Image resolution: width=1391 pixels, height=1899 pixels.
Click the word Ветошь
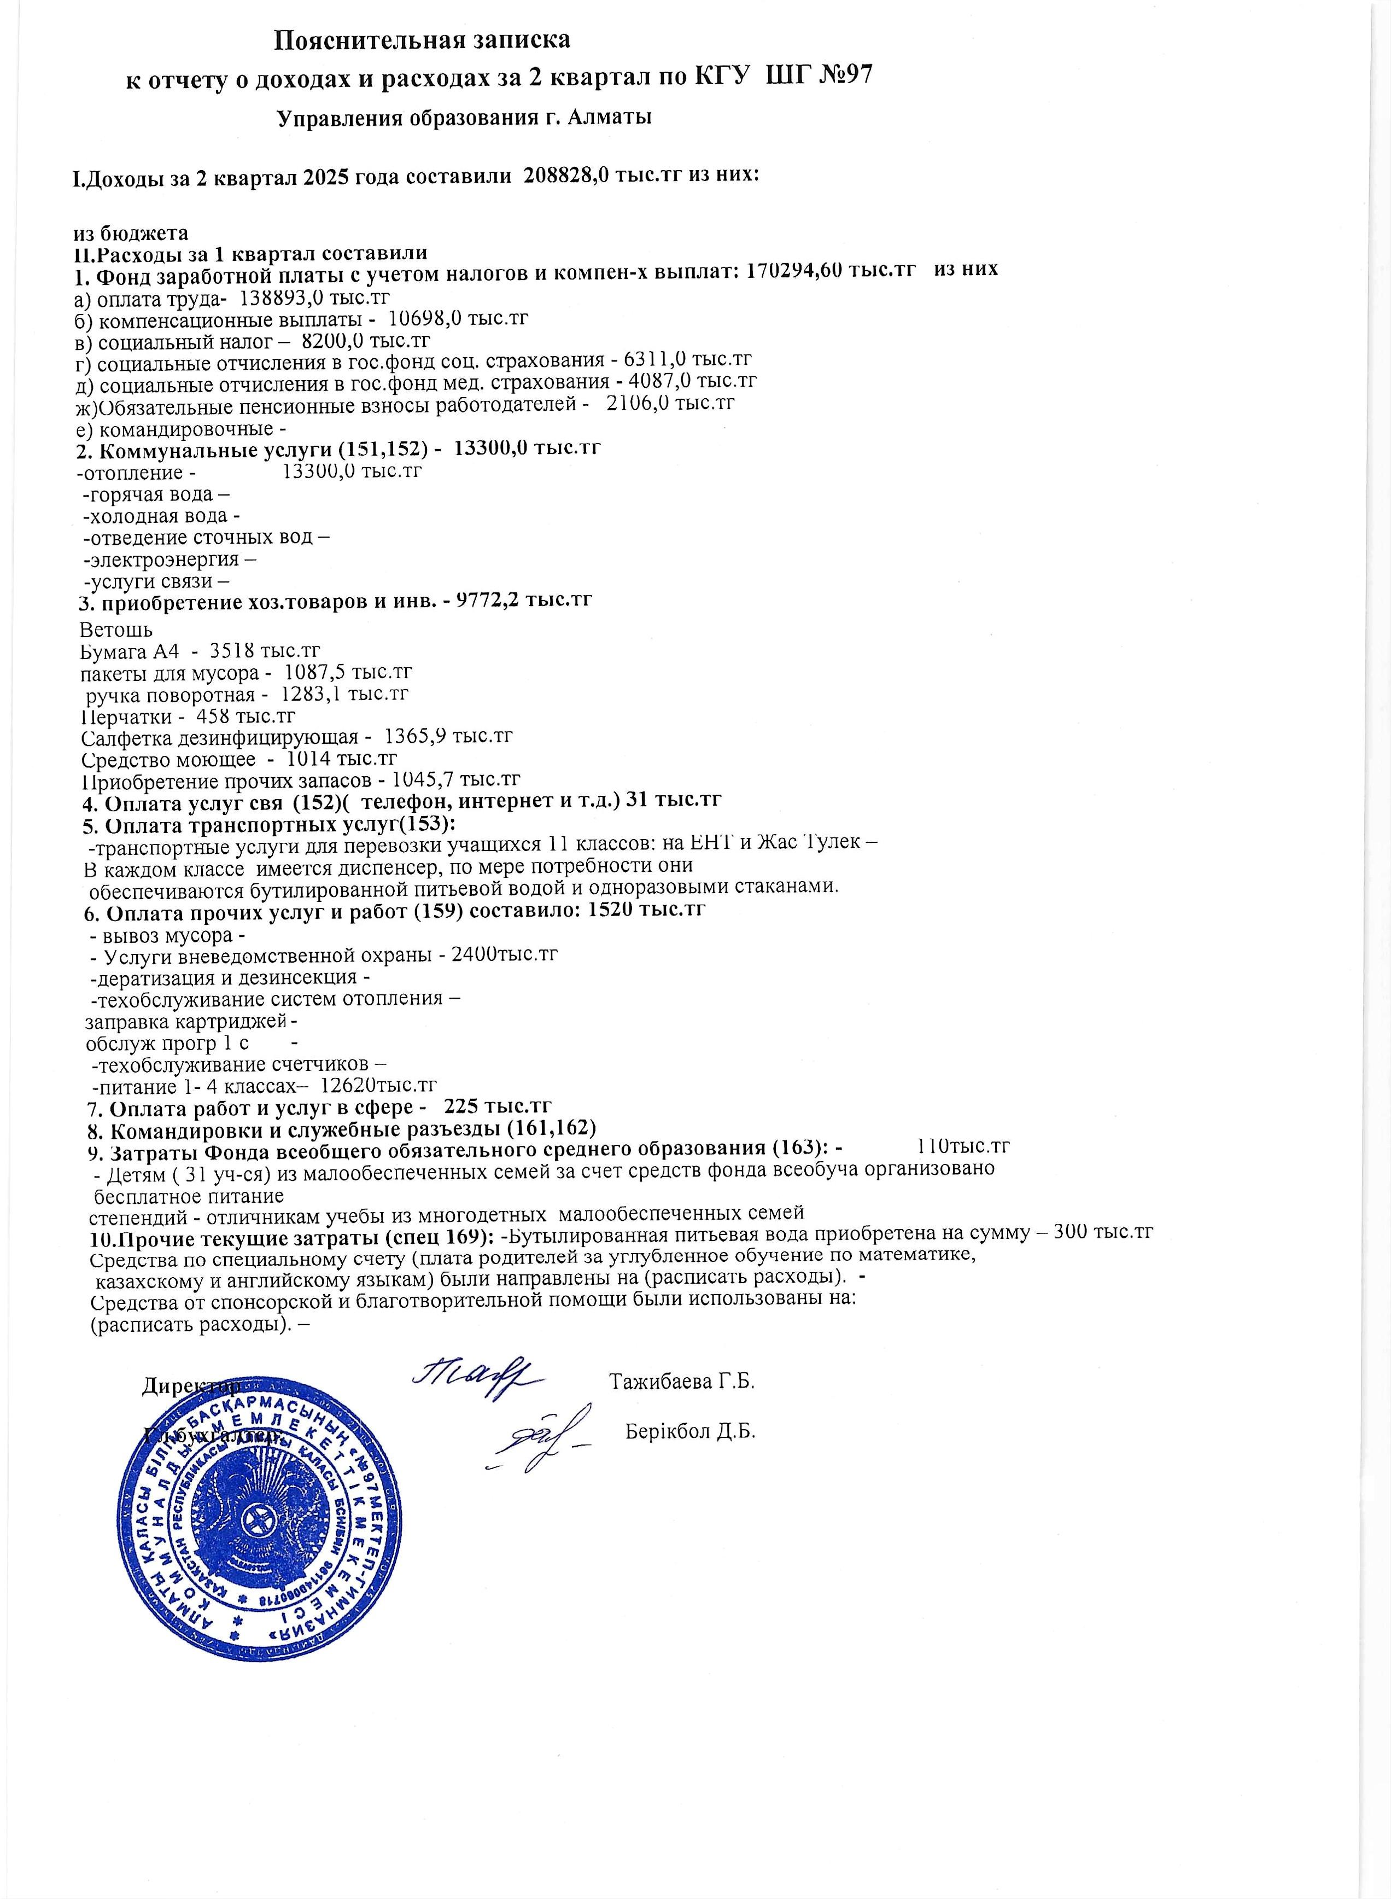tap(116, 628)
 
